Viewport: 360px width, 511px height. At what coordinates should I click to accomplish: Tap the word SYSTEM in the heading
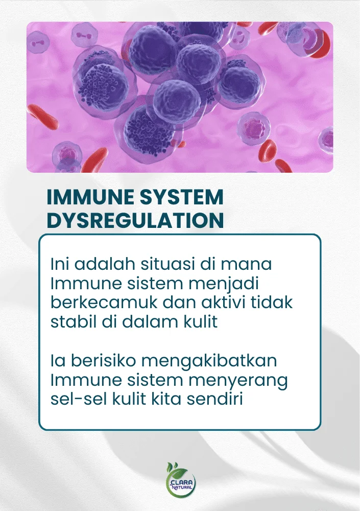point(179,197)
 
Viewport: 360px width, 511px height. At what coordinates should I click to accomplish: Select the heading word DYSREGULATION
point(135,220)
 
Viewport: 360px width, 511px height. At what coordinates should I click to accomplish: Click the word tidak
point(272,302)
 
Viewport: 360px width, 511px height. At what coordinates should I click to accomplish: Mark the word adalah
point(105,264)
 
